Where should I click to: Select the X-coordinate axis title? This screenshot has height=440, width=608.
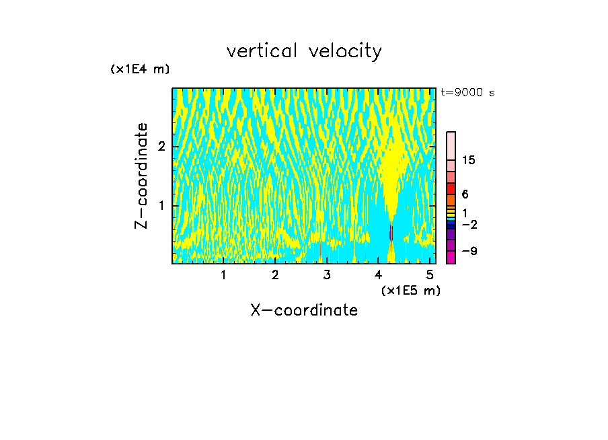[x=303, y=310]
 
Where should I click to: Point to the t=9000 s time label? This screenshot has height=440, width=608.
[x=467, y=93]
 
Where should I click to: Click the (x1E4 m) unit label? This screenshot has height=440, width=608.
[x=140, y=69]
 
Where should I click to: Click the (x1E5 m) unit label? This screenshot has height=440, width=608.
[x=410, y=290]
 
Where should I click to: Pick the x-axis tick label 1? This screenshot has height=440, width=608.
[x=223, y=275]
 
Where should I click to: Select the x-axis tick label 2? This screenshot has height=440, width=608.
[x=275, y=275]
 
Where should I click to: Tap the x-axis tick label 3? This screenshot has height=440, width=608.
[x=327, y=275]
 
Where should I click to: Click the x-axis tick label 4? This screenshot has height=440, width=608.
[x=379, y=275]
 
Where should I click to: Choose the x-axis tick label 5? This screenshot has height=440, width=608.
[x=430, y=275]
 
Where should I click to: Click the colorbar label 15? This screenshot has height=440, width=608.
[x=469, y=160]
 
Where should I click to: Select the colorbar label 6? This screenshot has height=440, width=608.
[x=465, y=194]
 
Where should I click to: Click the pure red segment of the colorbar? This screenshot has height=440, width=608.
[x=451, y=189]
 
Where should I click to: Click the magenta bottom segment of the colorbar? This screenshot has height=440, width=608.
[x=451, y=257]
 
